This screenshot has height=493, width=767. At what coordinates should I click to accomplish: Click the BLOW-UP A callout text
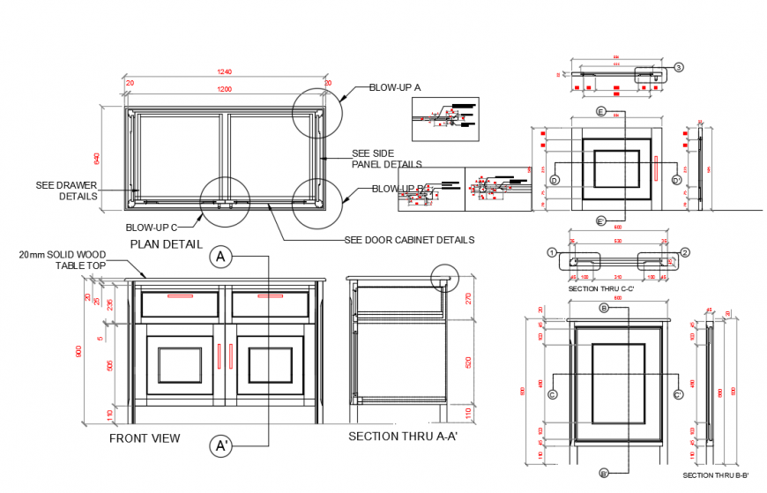[395, 87]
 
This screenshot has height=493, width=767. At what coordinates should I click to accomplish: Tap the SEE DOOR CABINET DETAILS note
[409, 240]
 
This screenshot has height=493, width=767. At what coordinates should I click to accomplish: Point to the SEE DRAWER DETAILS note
[66, 190]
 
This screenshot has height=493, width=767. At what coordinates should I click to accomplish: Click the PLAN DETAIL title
[167, 243]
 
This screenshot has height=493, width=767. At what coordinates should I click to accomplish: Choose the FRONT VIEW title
[145, 437]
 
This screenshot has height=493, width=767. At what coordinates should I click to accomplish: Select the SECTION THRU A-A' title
[402, 436]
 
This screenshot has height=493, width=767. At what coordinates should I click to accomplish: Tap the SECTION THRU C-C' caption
[601, 288]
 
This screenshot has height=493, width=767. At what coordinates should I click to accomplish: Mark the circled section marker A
[220, 257]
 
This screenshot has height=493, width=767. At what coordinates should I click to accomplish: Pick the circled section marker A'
[220, 446]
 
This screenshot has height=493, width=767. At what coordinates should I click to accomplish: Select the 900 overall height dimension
[80, 353]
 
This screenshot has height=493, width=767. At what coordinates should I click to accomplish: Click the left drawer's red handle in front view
[181, 296]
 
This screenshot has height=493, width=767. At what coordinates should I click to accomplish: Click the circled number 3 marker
[678, 67]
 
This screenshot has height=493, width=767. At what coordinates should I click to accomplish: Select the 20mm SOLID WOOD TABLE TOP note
[62, 259]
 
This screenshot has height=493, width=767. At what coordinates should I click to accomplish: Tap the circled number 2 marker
[684, 252]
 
